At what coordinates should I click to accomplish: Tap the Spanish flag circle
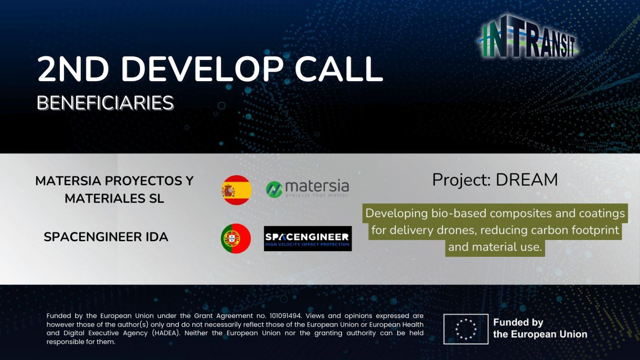click(x=237, y=190)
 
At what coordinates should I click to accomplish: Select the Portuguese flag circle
click(x=236, y=238)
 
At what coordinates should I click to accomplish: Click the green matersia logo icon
click(x=274, y=189)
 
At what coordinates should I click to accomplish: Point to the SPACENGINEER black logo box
click(x=308, y=238)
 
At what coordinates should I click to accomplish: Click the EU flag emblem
click(x=466, y=329)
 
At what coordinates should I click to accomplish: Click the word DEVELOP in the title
click(x=202, y=69)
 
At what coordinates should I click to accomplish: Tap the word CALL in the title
click(x=339, y=69)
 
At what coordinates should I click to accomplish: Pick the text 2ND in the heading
click(x=73, y=69)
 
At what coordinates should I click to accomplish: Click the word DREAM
click(x=527, y=180)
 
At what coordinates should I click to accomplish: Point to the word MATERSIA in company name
click(x=68, y=181)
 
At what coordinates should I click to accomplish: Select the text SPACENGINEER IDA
click(x=106, y=237)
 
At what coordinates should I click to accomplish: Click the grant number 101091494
click(x=285, y=316)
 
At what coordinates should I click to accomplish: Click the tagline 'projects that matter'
click(x=317, y=196)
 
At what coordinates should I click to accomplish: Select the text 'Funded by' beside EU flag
click(x=518, y=322)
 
